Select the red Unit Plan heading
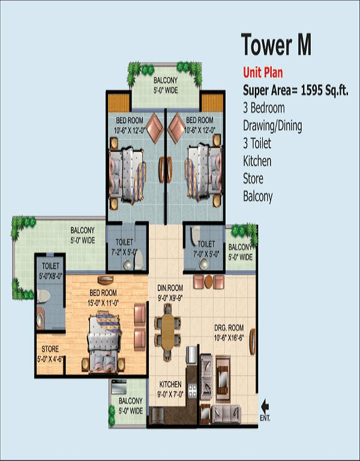(x=263, y=73)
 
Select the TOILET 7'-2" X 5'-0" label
(x=125, y=247)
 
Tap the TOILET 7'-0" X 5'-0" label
(x=205, y=249)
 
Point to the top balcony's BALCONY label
(x=165, y=84)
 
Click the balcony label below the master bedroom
(x=130, y=406)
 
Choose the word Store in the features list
(x=253, y=178)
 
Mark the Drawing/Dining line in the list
(x=272, y=126)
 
